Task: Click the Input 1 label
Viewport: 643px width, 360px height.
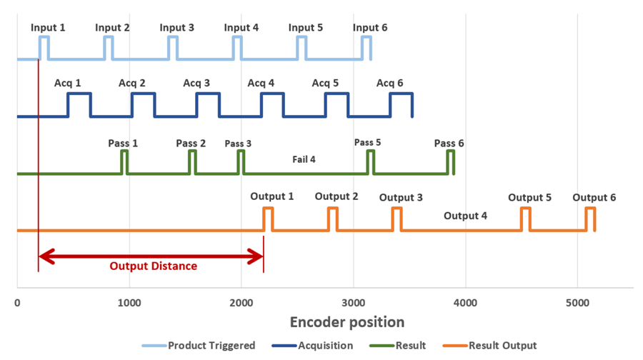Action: point(48,27)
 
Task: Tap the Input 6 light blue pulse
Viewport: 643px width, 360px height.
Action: point(367,37)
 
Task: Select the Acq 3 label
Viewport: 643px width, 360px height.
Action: point(196,84)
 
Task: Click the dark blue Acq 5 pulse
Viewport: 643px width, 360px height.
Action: point(337,94)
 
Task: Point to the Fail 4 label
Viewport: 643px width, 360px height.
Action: point(304,159)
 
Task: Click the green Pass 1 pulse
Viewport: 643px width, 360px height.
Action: point(124,151)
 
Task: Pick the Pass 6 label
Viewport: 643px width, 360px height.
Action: point(449,143)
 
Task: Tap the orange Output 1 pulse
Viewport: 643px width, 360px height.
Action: point(268,209)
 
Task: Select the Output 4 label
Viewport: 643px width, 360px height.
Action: point(465,216)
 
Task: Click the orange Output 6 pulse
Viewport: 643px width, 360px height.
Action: point(590,209)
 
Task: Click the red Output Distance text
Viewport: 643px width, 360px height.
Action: point(154,266)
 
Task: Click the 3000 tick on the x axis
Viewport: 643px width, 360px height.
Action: point(354,303)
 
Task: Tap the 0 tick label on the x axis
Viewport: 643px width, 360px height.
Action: point(17,303)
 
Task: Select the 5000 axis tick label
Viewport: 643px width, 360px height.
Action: point(577,303)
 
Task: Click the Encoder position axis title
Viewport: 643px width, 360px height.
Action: point(347,322)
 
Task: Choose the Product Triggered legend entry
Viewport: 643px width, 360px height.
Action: point(199,346)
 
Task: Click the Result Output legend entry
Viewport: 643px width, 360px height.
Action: point(489,346)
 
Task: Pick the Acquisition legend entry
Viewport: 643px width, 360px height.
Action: point(312,346)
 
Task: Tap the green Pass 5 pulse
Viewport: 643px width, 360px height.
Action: point(370,151)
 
